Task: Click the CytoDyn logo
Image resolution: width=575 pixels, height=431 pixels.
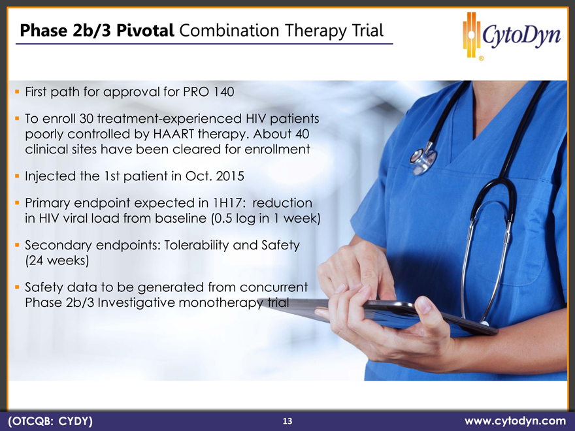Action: coord(512,35)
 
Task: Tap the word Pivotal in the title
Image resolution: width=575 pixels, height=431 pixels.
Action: coord(145,31)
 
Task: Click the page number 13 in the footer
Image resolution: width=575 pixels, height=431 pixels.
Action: coord(287,421)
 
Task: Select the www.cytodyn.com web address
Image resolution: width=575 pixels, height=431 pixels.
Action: coord(516,421)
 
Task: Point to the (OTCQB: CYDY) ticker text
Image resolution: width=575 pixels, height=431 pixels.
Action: coord(50,421)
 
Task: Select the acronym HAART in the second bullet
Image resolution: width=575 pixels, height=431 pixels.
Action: coord(173,134)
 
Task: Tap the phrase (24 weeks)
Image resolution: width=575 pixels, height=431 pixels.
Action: coord(57,261)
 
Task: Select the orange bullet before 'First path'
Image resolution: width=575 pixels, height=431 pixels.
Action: coord(17,91)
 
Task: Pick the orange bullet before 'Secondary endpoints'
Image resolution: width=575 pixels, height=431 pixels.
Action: coord(17,244)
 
